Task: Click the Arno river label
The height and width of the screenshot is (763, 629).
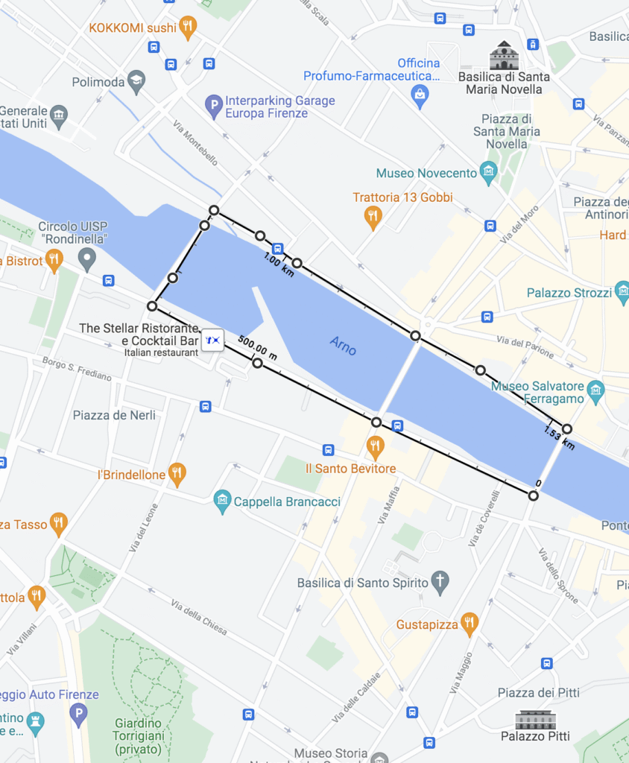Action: (344, 345)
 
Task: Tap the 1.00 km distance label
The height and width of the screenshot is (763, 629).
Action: (279, 264)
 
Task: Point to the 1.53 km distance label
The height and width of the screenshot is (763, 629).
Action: (560, 439)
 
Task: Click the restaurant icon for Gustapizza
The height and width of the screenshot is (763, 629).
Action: (469, 624)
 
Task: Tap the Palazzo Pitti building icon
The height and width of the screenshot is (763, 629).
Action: (535, 719)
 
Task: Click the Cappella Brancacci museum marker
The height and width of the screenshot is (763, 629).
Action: (222, 501)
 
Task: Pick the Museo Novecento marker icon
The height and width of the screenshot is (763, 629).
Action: (489, 173)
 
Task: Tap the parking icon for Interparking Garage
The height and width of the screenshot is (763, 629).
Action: (215, 107)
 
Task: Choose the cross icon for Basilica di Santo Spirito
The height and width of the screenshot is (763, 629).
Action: (440, 582)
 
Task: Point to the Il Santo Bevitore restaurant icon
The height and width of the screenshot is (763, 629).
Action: (375, 448)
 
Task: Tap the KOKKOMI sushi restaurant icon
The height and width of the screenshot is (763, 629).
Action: (188, 28)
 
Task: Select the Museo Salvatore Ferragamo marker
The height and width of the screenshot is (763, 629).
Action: (595, 390)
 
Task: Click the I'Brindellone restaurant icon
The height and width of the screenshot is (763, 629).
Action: (177, 474)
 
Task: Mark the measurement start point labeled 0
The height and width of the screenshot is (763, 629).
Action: (533, 495)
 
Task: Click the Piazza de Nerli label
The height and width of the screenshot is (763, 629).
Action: (114, 415)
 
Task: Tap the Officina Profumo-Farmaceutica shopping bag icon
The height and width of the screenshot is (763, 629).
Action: (420, 95)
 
